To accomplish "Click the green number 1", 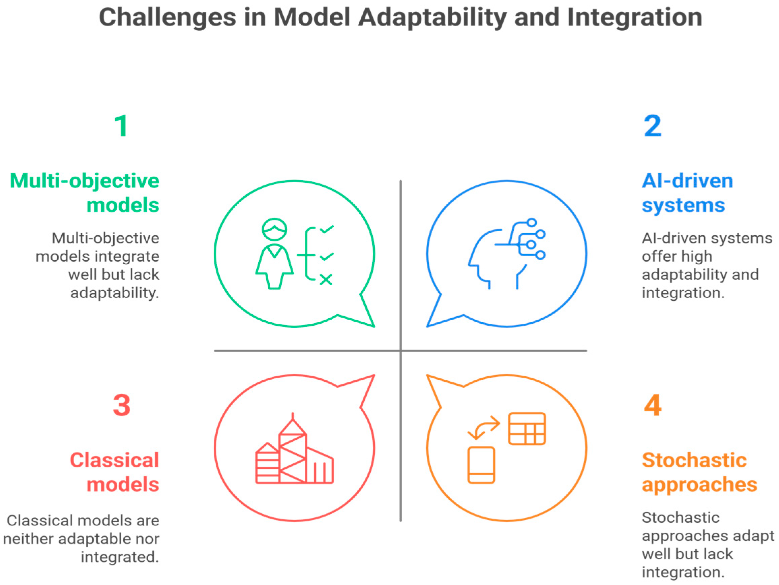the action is click(x=122, y=126).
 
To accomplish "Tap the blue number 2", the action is click(x=652, y=126).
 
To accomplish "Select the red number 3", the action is click(x=122, y=405).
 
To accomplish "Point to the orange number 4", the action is click(x=653, y=405).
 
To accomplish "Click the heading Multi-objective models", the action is click(x=85, y=192).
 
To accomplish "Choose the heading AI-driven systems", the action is click(x=687, y=192).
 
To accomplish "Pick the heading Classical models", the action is click(x=115, y=472).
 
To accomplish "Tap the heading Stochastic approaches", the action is click(x=699, y=472).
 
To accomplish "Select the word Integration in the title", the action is click(x=635, y=18).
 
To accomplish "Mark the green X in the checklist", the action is click(x=326, y=280).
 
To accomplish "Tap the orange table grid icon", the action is click(x=527, y=429).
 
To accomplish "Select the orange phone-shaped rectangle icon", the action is click(x=481, y=465).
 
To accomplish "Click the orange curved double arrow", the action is click(x=483, y=427).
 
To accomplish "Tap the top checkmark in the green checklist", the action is click(x=327, y=229).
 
